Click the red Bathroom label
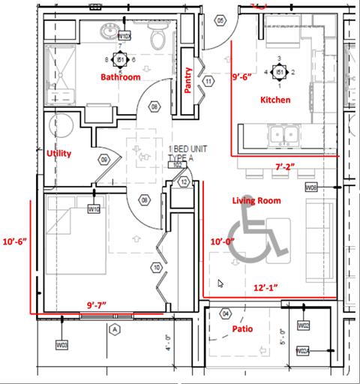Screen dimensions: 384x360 pos(121,77)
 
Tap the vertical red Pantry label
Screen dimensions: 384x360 pos(189,80)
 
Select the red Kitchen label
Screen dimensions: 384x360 pos(275,100)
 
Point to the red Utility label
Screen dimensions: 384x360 pos(59,154)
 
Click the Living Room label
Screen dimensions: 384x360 pos(256,200)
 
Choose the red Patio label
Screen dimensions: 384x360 pos(242,328)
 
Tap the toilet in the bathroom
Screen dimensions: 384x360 pos(158,37)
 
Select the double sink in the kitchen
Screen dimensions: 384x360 pos(283,136)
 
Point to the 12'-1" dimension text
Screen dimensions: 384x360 pos(265,287)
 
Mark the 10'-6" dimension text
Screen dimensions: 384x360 pos(14,241)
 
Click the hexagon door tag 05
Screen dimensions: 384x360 pos(220,21)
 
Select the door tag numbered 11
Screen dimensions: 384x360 pos(208,80)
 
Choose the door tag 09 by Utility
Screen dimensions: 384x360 pos(105,160)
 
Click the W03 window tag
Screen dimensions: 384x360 pos(62,344)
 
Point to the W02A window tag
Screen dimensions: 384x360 pos(303,350)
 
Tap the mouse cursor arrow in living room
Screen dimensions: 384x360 pos(220,283)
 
